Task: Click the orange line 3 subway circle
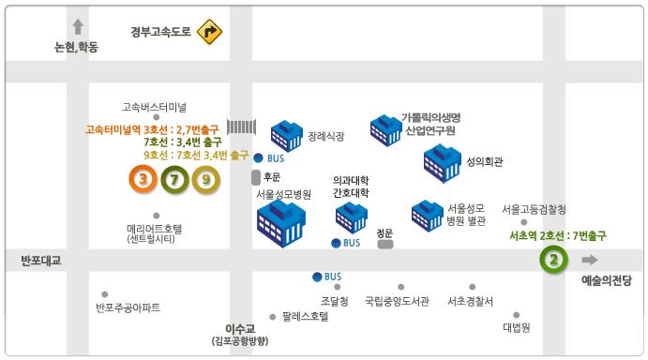[x=143, y=178]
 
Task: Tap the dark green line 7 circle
[x=174, y=178]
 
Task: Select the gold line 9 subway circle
[x=205, y=178]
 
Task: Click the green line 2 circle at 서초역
[x=553, y=259]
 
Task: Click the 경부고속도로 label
[x=160, y=32]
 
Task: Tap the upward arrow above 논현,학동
[x=78, y=27]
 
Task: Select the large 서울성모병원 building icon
[x=281, y=223]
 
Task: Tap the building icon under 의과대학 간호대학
[x=352, y=217]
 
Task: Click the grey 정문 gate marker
[x=385, y=244]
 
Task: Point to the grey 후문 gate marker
[x=256, y=176]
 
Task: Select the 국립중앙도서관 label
[x=397, y=302]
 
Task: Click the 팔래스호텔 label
[x=305, y=317]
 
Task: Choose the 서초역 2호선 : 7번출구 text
[x=556, y=235]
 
